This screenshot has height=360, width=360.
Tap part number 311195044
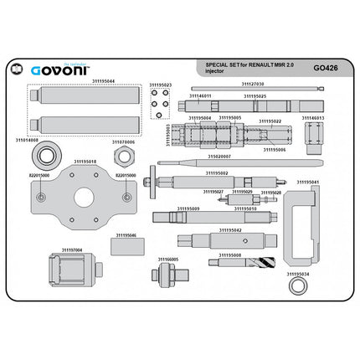click(104, 81)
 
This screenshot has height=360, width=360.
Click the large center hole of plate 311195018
click(84, 199)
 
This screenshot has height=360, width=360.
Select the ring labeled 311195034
click(296, 285)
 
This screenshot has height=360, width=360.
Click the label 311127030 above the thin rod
click(253, 84)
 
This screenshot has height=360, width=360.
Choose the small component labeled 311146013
click(311, 135)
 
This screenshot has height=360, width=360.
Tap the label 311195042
click(231, 230)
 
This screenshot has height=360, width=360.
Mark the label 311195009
click(188, 208)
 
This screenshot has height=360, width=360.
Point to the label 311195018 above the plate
click(85, 162)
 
